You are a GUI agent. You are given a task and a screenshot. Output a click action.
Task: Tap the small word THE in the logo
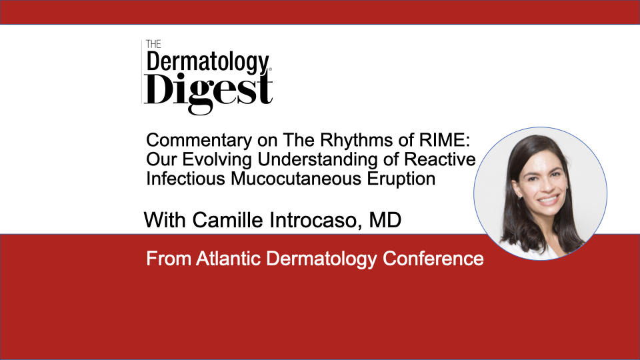coord(153,44)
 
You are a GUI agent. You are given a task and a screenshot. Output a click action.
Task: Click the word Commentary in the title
coord(199,141)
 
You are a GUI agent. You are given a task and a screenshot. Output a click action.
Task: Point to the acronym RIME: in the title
coord(445,140)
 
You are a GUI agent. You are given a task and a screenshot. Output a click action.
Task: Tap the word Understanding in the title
coord(318,160)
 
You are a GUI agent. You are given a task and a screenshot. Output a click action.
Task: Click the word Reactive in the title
coord(440,159)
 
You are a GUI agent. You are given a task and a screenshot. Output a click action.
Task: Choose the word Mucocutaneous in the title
coord(296,179)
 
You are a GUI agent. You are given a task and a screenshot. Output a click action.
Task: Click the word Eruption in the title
coord(401,179)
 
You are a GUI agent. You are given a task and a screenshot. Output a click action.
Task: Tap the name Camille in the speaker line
coord(228,220)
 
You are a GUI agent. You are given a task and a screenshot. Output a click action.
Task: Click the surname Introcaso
coord(316,221)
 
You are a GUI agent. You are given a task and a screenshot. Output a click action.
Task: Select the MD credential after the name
coord(385,220)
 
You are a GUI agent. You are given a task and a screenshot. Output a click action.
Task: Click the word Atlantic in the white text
coord(228,259)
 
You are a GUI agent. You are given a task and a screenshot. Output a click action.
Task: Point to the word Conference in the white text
coord(433,259)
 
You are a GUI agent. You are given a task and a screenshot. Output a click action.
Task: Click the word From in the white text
coord(169,259)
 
